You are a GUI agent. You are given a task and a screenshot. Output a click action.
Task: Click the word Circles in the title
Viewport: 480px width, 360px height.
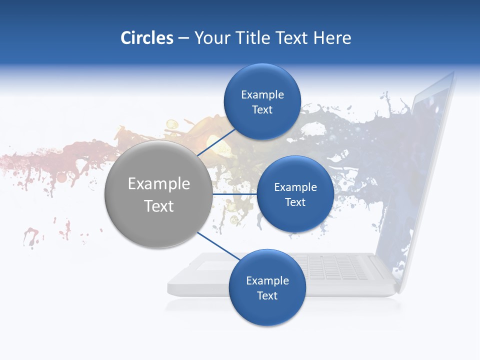[x=147, y=38]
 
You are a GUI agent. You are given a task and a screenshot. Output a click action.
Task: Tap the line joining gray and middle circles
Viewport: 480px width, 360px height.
[x=234, y=194]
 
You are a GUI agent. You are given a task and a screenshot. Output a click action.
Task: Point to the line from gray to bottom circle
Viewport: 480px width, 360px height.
[x=218, y=246]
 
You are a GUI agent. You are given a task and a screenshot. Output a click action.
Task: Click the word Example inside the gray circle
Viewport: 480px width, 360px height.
[x=159, y=184]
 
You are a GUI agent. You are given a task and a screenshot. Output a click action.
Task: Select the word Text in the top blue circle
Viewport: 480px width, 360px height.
[x=262, y=110]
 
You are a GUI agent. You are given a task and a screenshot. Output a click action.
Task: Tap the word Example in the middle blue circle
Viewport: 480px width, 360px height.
[x=295, y=187]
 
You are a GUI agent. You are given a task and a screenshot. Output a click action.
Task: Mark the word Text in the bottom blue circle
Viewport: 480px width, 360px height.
[x=267, y=296]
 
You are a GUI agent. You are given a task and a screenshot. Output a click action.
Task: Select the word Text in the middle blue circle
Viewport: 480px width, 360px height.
[x=295, y=202]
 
